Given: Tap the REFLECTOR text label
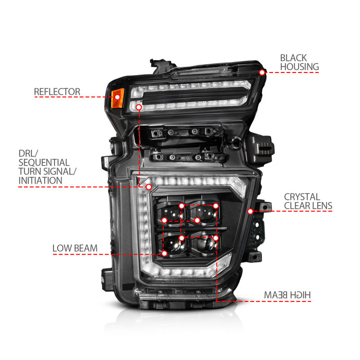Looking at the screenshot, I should click(57, 92).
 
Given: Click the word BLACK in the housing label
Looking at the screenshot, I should click(293, 58).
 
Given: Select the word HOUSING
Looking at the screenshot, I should click(299, 67).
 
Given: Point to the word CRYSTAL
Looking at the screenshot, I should click(302, 197).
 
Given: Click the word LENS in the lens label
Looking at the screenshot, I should click(323, 206).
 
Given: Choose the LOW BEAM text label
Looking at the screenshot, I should click(75, 248).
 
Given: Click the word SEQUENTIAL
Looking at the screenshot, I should click(44, 162).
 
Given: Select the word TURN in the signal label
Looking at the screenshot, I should click(29, 171).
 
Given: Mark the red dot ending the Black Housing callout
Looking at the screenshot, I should click(262, 72).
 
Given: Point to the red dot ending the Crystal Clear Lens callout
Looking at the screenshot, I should click(250, 211).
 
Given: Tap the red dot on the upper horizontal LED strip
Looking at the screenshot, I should click(139, 108).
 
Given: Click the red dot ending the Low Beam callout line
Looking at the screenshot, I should click(165, 254).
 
